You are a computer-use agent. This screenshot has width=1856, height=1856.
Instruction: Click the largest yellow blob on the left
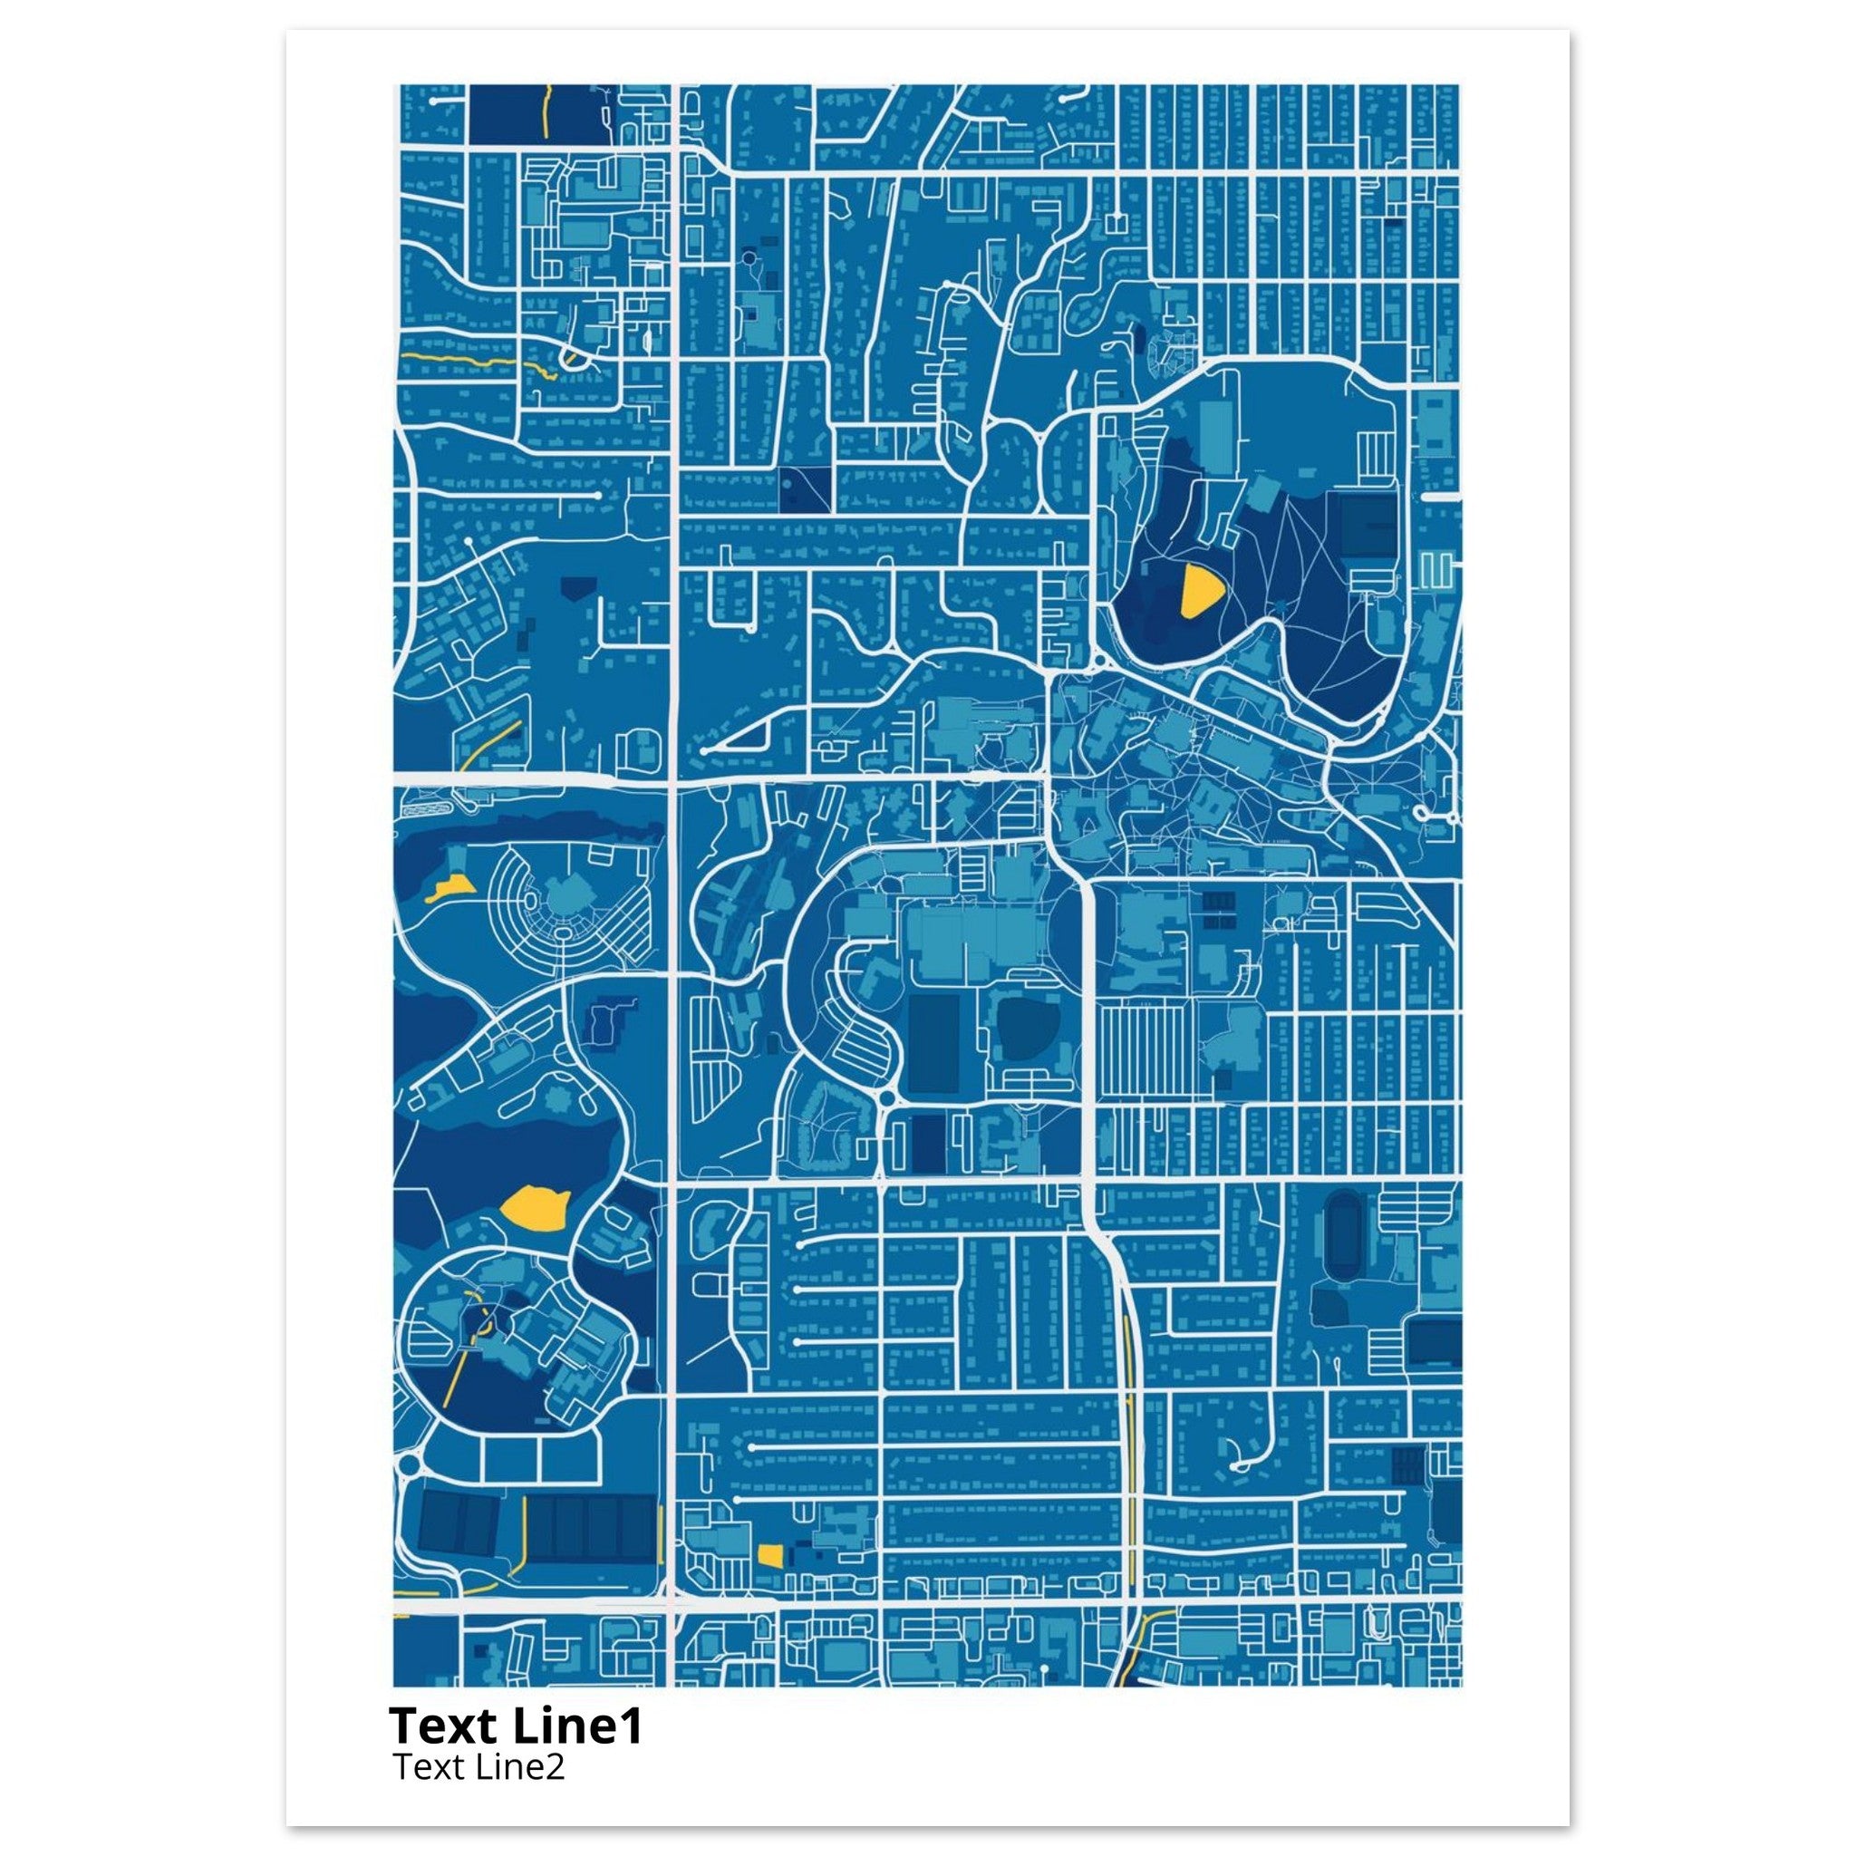536,1206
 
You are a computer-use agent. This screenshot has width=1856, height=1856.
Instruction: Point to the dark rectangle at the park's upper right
1369,525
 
